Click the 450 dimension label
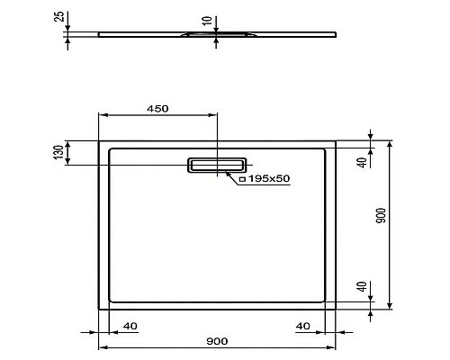coord(157,108)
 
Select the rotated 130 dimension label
coord(58,152)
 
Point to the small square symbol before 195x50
coord(242,180)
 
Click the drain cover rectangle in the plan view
coord(216,165)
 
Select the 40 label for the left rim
coord(130,325)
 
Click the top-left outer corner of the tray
coord(97,140)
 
